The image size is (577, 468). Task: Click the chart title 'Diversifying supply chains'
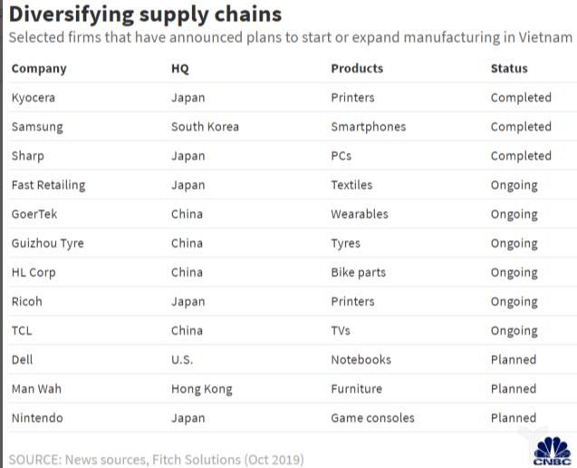click(x=145, y=15)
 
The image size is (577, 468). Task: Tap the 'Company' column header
click(x=39, y=68)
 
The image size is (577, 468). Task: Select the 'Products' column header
click(x=357, y=68)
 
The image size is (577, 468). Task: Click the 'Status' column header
click(x=509, y=68)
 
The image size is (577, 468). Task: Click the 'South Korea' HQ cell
click(x=205, y=126)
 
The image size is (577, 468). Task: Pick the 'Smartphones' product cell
click(x=369, y=126)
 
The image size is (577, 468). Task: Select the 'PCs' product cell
click(x=341, y=155)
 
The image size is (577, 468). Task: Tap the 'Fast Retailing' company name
click(x=48, y=185)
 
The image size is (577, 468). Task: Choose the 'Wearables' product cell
click(x=360, y=214)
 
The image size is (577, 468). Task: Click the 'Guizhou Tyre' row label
click(x=47, y=243)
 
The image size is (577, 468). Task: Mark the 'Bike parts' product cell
click(x=359, y=272)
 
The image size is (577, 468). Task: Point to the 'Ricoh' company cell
click(x=27, y=301)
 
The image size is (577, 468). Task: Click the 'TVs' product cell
click(x=341, y=330)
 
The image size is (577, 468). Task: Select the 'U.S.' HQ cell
click(x=182, y=359)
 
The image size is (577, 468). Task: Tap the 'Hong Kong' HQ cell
click(x=202, y=388)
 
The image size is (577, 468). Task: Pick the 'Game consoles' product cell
click(x=373, y=417)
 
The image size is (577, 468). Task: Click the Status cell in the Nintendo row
click(x=514, y=417)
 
